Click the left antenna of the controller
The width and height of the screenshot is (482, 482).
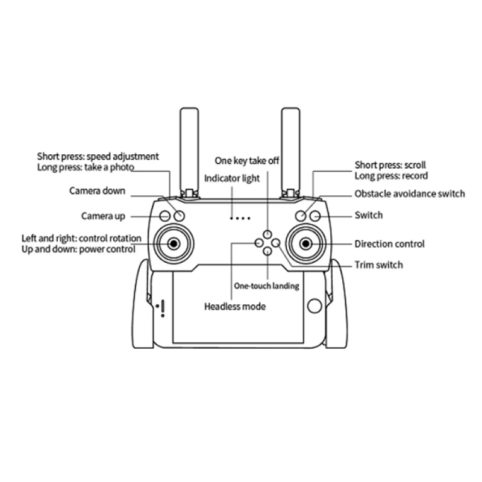click(x=189, y=148)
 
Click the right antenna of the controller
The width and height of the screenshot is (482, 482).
click(x=291, y=148)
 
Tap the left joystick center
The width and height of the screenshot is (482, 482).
click(x=174, y=243)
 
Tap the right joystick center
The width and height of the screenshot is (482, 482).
click(x=306, y=243)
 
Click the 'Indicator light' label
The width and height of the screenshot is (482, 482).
click(x=232, y=178)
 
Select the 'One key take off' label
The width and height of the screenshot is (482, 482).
click(x=247, y=160)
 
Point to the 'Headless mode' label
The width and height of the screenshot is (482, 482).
click(x=235, y=307)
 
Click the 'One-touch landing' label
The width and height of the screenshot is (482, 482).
click(x=266, y=286)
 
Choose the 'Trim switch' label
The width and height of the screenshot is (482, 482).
click(x=378, y=264)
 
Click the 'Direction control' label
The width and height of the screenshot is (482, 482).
click(x=389, y=244)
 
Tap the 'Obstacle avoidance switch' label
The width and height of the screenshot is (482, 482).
click(x=410, y=193)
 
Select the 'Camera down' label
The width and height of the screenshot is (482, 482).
click(x=97, y=191)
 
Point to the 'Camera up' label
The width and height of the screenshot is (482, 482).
click(x=103, y=216)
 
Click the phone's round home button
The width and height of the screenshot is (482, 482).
click(x=314, y=305)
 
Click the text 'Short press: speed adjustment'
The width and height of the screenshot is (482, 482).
click(x=98, y=157)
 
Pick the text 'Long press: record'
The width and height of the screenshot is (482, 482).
click(x=391, y=176)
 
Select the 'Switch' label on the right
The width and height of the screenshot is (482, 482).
click(x=368, y=215)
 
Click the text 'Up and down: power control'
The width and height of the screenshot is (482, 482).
click(x=78, y=249)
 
